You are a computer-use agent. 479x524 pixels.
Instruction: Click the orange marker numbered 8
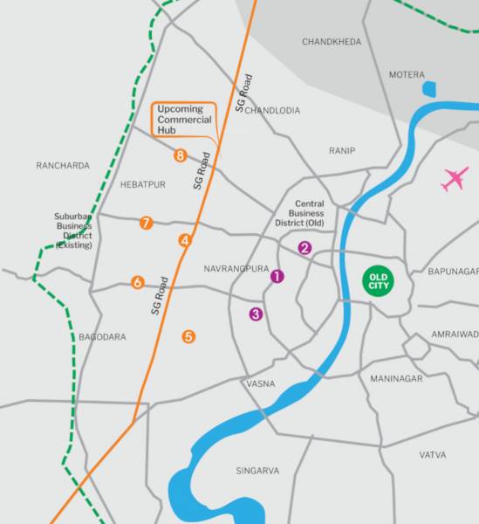[x=181, y=155]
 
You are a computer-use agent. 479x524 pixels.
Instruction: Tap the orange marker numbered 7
[x=147, y=223]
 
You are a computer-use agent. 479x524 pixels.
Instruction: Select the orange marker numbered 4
[x=185, y=240]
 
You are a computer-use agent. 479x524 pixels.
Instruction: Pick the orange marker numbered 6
[x=138, y=282]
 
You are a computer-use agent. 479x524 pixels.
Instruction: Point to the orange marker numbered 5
[x=188, y=336]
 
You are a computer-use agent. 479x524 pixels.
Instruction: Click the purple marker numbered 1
[x=277, y=276]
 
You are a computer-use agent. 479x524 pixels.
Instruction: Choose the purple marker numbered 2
[x=305, y=247]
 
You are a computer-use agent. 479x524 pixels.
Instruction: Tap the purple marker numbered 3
[x=256, y=314]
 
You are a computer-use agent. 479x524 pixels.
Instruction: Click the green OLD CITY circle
[x=379, y=282]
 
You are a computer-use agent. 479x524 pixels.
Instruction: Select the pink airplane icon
[x=455, y=180]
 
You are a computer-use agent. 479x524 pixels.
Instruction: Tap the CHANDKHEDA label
[x=331, y=42]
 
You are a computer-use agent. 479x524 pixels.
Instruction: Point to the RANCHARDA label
[x=63, y=165]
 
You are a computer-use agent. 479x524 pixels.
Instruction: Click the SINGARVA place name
[x=257, y=471]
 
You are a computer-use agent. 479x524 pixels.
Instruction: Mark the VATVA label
[x=432, y=455]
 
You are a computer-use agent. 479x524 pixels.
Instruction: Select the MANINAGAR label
[x=396, y=378]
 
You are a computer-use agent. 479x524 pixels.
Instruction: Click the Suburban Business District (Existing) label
[x=78, y=231]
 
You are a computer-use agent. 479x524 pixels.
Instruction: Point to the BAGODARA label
[x=102, y=337]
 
